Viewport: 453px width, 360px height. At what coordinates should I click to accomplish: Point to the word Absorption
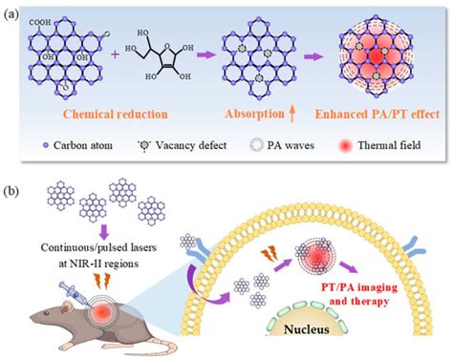(250, 114)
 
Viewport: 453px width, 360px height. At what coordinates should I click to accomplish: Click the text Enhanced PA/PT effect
(381, 114)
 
